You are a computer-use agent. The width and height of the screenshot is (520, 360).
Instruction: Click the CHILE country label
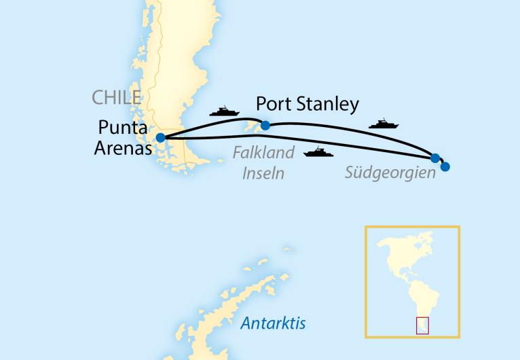[116, 98]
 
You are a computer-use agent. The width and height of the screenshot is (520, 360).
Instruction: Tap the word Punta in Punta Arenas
[122, 128]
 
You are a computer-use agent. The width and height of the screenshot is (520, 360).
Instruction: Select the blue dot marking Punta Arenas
[160, 137]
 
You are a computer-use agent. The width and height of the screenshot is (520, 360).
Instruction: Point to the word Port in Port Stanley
[276, 105]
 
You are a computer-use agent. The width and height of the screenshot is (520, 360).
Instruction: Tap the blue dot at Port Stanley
[265, 125]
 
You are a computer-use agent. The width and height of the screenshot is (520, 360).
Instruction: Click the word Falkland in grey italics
[263, 153]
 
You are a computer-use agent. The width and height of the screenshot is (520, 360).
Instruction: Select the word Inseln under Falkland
[263, 174]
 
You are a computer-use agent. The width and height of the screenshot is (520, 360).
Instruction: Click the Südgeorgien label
[390, 173]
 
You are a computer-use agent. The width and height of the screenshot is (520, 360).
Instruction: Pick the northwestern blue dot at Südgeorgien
[435, 158]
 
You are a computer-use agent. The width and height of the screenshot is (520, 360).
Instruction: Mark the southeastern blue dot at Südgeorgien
[445, 166]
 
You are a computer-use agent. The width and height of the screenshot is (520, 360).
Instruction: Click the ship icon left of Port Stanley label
[223, 111]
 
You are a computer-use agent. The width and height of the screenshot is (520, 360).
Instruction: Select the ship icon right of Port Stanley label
[383, 124]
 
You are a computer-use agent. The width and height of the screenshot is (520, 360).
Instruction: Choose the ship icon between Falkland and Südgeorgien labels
[318, 152]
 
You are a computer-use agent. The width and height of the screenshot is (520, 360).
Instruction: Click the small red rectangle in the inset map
[422, 325]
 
